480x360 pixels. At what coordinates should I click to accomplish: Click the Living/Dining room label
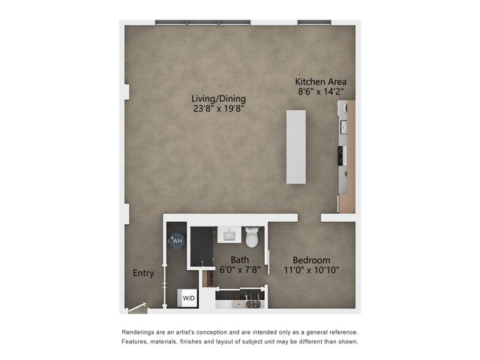point(218,99)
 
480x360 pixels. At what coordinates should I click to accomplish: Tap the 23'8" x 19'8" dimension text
point(218,109)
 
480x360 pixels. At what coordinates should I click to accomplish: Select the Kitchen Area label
point(321,82)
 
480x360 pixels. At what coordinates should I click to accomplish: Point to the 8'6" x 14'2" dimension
point(321,91)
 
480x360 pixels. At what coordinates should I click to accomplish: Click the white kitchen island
point(296,147)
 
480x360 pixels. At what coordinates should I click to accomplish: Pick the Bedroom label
point(311,260)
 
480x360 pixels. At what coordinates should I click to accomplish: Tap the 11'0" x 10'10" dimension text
point(311,270)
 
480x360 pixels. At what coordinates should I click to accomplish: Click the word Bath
point(240,260)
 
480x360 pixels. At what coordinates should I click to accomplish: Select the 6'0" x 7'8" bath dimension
point(240,270)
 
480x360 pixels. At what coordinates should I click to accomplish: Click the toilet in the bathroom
point(252,237)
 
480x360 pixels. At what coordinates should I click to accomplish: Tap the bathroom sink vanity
point(229,235)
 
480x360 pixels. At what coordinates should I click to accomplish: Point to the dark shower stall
point(202,247)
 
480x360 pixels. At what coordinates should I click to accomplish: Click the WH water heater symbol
point(177,241)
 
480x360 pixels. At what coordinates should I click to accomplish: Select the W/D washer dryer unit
point(187,298)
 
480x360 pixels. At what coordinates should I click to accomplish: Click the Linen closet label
point(211,278)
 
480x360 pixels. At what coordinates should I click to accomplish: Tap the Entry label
point(143,273)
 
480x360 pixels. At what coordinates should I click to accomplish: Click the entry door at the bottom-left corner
point(137,307)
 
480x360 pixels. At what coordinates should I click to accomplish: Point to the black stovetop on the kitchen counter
point(342,156)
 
